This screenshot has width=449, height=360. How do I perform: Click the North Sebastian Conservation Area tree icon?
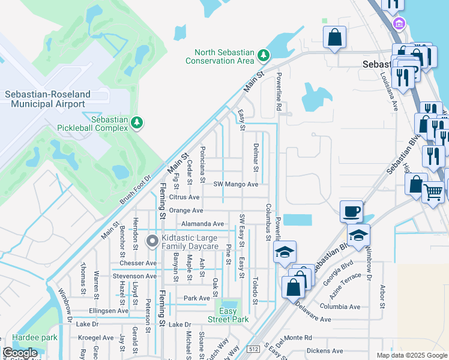coord(263,56)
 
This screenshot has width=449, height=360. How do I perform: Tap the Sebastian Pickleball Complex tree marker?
coord(137,122)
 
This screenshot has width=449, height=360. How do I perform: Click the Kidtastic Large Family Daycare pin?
coord(152,241)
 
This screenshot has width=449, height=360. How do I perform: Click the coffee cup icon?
coord(351,211)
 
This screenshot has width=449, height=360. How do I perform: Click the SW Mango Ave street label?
coord(237,184)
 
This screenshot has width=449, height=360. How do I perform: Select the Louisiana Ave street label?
coord(388,93)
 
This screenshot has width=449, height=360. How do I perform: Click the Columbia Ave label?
coord(340,307)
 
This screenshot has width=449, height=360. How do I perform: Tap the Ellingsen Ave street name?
coord(109,311)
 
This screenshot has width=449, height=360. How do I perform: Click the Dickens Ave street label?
coord(324,351)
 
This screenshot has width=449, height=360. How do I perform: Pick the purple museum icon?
coord(397,24)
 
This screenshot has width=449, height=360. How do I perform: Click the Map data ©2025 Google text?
coord(411,355)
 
